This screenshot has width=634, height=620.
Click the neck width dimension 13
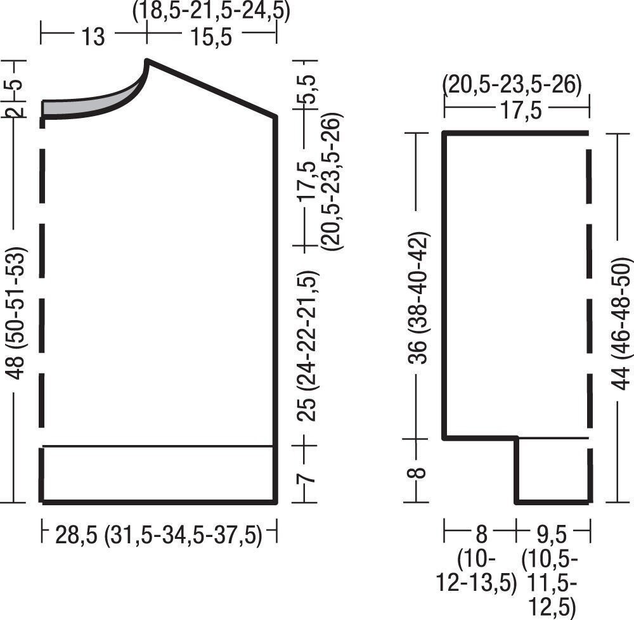pyautogui.click(x=93, y=36)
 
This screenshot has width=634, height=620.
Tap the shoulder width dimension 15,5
pyautogui.click(x=212, y=36)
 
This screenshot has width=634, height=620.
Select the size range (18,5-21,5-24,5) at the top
pyautogui.click(x=212, y=11)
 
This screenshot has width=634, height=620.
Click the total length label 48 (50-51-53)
pyautogui.click(x=17, y=313)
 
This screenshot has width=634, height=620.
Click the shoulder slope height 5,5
pyautogui.click(x=309, y=90)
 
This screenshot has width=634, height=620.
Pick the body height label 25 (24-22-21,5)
pyautogui.click(x=308, y=346)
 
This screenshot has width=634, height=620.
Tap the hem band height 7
pyautogui.click(x=307, y=474)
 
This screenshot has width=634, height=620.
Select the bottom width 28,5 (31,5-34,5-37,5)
pyautogui.click(x=158, y=534)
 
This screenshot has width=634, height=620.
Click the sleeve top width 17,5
pyautogui.click(x=521, y=110)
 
